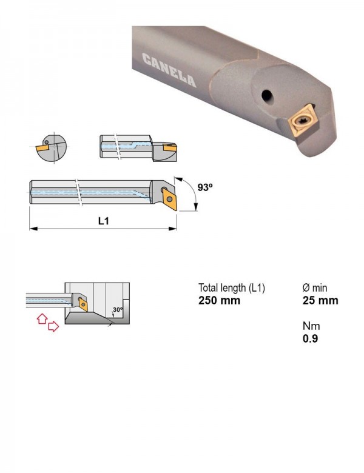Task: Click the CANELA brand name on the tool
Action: pyautogui.click(x=169, y=70)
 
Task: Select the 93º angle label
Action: pyautogui.click(x=205, y=187)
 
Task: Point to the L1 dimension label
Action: pyautogui.click(x=104, y=221)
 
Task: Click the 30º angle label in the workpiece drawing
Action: pyautogui.click(x=118, y=309)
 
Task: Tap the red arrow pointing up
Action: pyautogui.click(x=42, y=318)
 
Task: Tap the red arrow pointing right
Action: pyautogui.click(x=53, y=326)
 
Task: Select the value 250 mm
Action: pyautogui.click(x=220, y=300)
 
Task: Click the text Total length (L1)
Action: pyautogui.click(x=232, y=288)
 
